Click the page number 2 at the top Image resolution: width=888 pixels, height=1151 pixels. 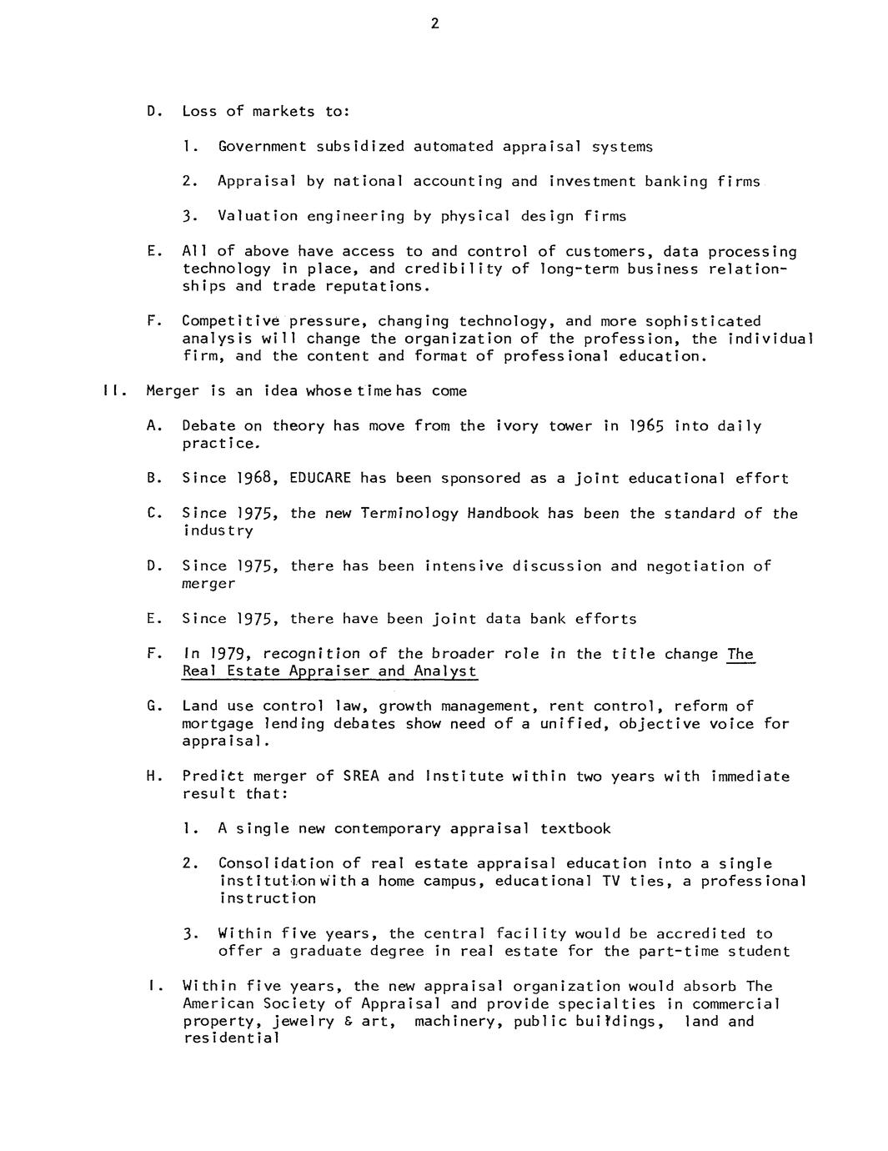pyautogui.click(x=434, y=23)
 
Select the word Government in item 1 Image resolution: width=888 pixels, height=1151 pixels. pyautogui.click(x=262, y=147)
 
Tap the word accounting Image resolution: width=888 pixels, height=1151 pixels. pyautogui.click(x=458, y=181)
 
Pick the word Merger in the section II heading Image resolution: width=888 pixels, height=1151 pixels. pyautogui.click(x=173, y=391)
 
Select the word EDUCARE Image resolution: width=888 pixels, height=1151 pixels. pyautogui.click(x=320, y=479)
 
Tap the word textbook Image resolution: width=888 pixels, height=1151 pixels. pyautogui.click(x=575, y=829)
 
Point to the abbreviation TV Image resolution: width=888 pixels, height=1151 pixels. pyautogui.click(x=611, y=882)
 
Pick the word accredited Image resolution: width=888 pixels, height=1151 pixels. pyautogui.click(x=700, y=934)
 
